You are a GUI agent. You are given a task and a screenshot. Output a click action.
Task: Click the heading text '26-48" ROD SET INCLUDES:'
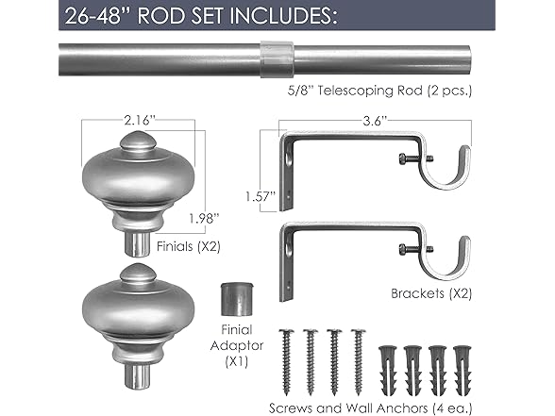click(193, 15)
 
